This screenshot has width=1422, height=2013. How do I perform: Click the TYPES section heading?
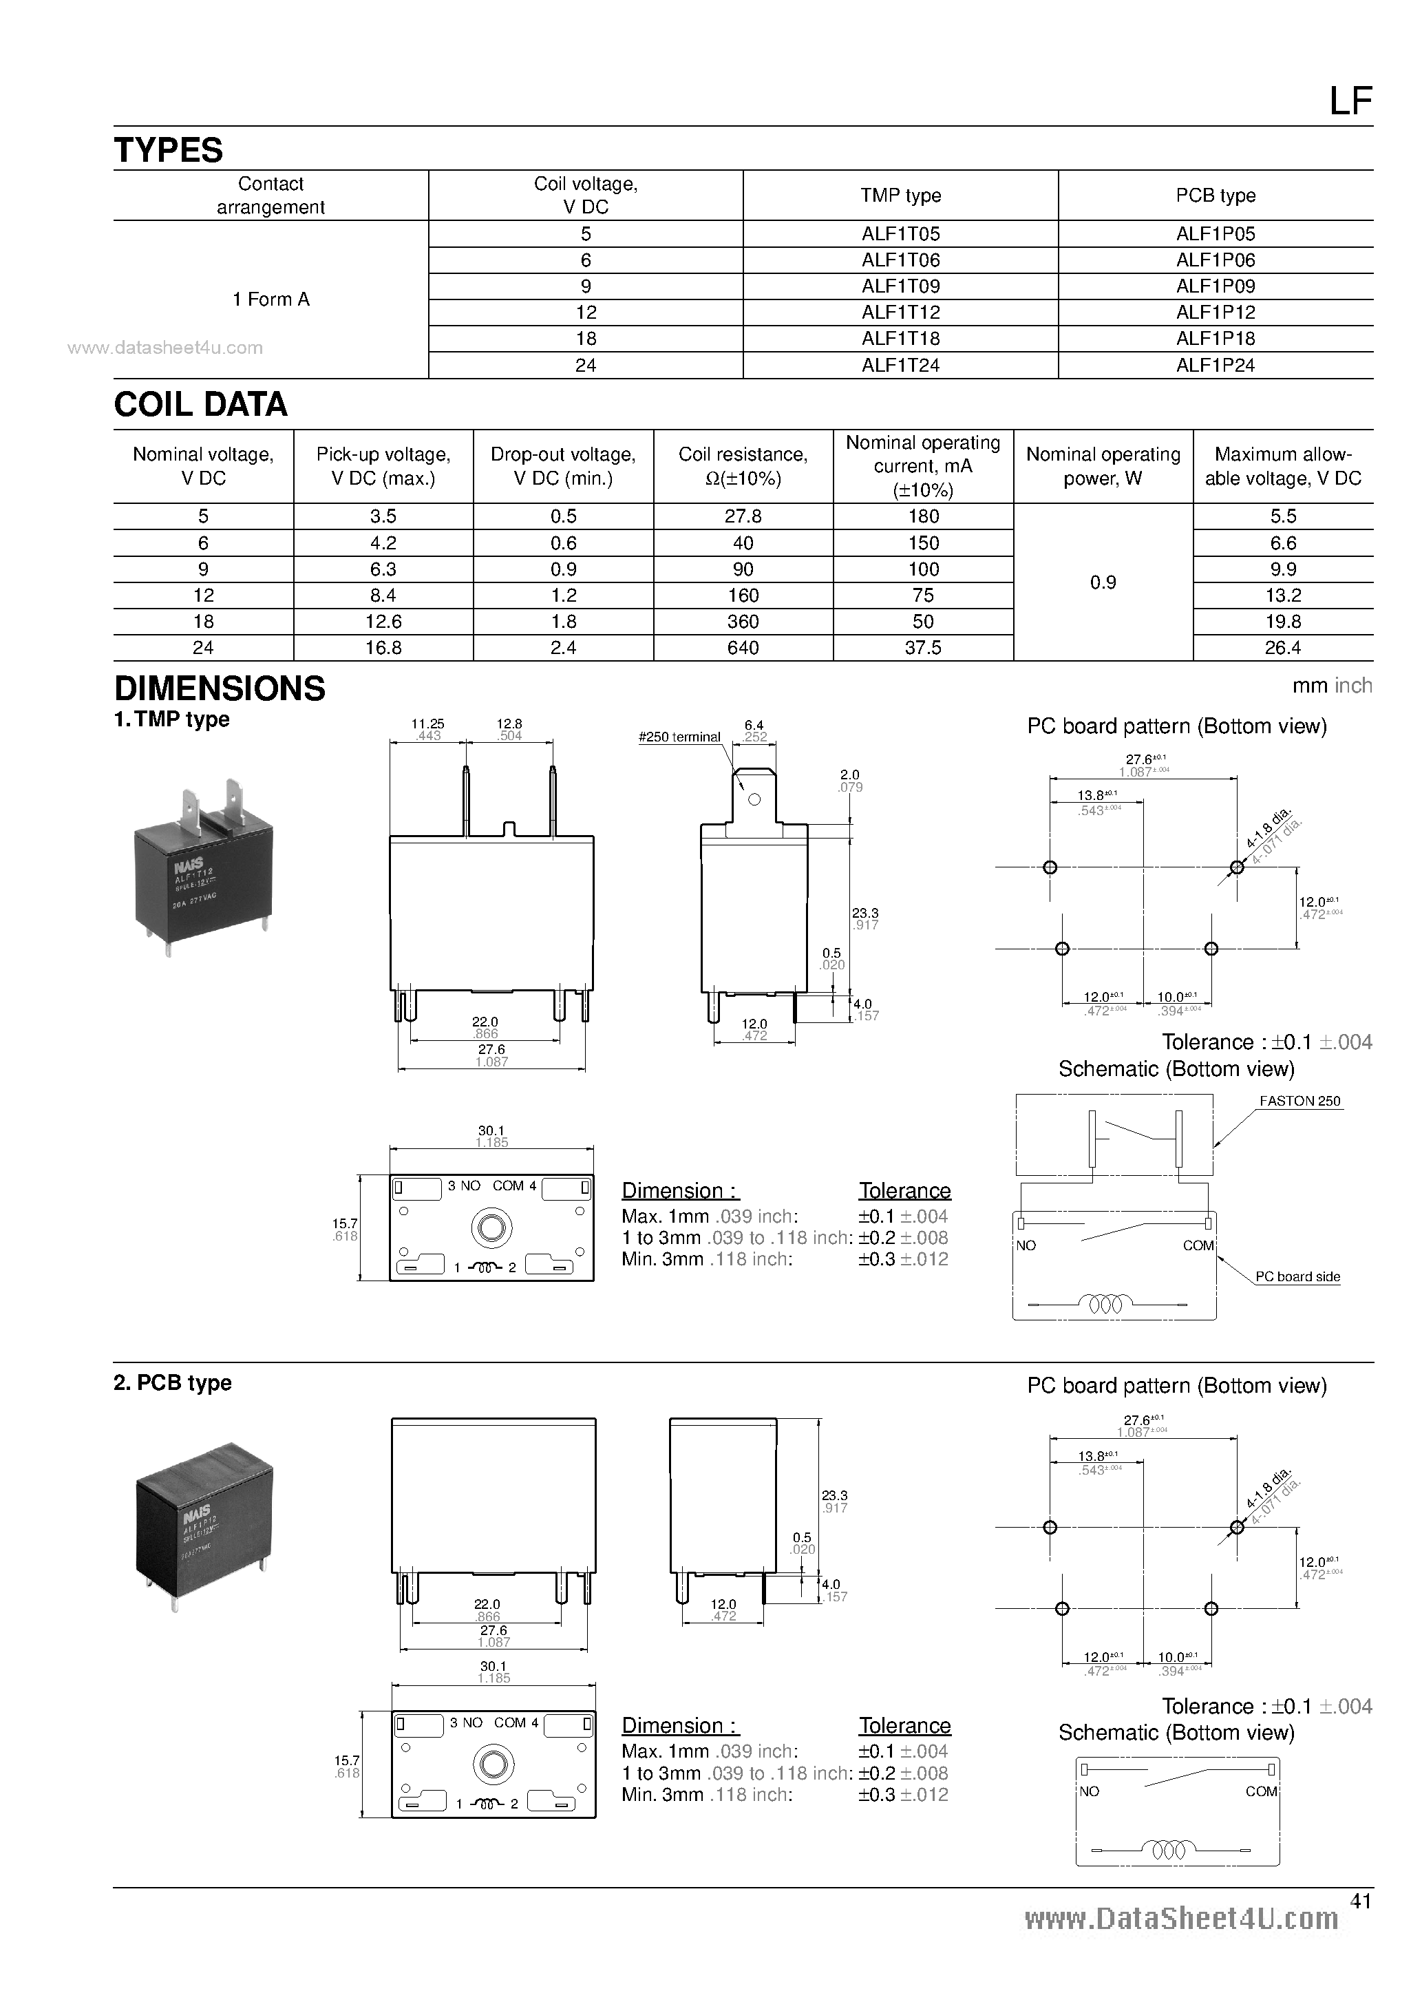tap(169, 150)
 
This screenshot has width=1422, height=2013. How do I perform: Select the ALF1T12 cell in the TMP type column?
tap(900, 312)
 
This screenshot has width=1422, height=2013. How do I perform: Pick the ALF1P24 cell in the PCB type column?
tap(1215, 365)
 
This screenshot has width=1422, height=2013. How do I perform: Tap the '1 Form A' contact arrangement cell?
tap(271, 299)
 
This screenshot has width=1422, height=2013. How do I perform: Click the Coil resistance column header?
tap(743, 465)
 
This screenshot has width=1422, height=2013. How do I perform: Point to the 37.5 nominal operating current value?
tap(922, 647)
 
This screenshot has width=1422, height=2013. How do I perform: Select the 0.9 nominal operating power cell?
tap(1102, 582)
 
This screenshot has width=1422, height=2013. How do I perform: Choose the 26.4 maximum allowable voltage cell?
tap(1282, 647)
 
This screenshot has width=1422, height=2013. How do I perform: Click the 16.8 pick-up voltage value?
tap(383, 647)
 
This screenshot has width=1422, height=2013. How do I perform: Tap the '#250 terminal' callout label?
tap(679, 737)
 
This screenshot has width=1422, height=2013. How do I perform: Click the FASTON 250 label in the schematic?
tap(1299, 1102)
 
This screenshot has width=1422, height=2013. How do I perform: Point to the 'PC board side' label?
tap(1297, 1276)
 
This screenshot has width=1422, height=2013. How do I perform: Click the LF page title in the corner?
tap(1350, 102)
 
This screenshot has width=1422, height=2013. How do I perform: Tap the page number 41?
tap(1360, 1901)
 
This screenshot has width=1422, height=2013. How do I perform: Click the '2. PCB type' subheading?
tap(173, 1382)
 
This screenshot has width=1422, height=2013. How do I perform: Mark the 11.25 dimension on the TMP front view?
tap(428, 724)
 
